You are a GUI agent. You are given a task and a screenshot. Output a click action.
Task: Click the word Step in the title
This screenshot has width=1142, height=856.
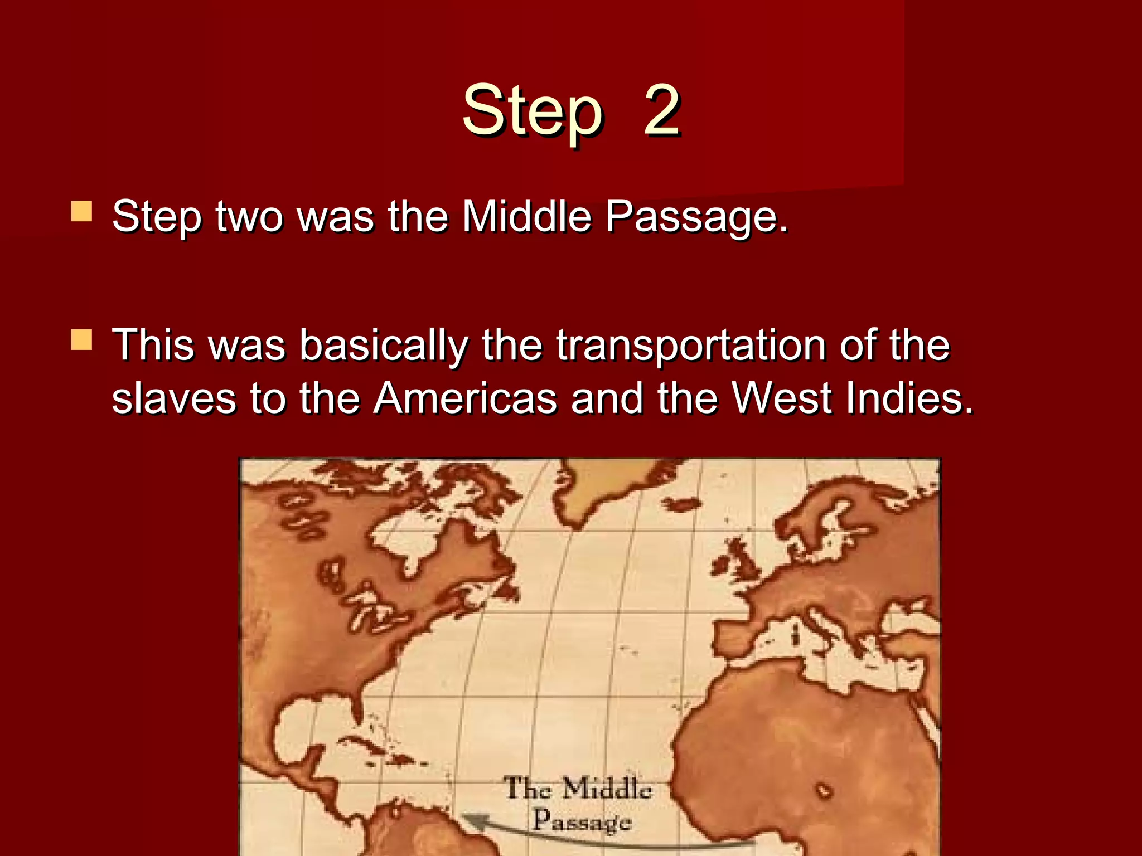pyautogui.click(x=532, y=111)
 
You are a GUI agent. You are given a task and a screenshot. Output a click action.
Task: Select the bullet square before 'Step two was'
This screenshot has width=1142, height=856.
pyautogui.click(x=81, y=212)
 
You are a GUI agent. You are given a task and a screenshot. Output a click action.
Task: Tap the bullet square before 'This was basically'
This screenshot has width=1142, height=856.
pyautogui.click(x=81, y=339)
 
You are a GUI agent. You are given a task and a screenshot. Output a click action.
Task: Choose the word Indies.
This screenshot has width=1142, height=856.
pyautogui.click(x=909, y=399)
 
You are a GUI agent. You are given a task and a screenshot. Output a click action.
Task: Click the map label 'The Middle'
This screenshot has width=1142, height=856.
pyautogui.click(x=578, y=789)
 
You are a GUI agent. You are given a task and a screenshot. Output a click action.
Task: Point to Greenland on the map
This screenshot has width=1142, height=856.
pyautogui.click(x=602, y=490)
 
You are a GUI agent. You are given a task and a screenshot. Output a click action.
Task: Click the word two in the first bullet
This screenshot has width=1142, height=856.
pyautogui.click(x=249, y=216)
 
